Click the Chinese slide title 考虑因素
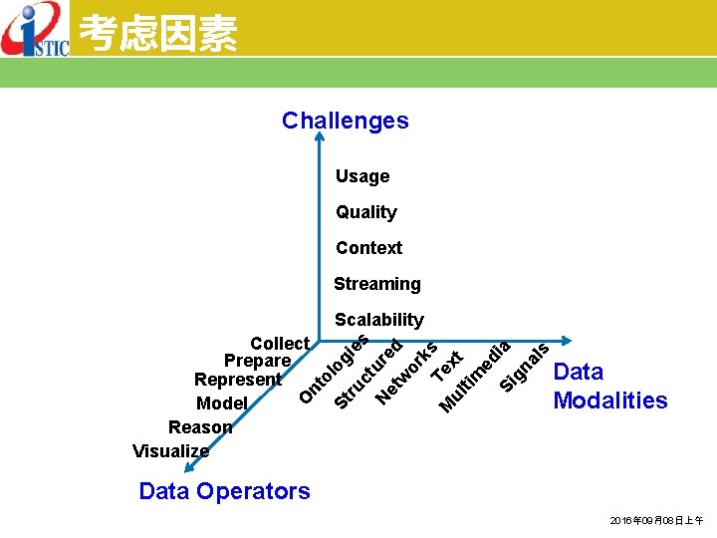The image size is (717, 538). pos(157,34)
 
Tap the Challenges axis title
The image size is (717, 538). pos(345,121)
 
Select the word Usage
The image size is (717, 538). pos(362,176)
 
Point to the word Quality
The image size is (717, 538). pos(365,212)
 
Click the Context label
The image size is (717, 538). pos(368,248)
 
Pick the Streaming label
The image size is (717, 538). pos(376,284)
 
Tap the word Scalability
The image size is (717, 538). pos(379,320)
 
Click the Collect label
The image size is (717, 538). pos(280,344)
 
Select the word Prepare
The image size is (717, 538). pos(257,361)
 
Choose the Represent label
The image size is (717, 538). pos(238,380)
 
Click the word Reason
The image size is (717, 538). pos(200,427)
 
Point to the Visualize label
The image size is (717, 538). pos(171,451)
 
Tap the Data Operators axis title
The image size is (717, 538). pos(224,491)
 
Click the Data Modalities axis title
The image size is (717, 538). pos(609,386)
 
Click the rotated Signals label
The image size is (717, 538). pos(524,366)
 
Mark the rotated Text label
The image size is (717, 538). pos(446,366)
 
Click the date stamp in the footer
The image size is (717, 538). pos(656,521)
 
